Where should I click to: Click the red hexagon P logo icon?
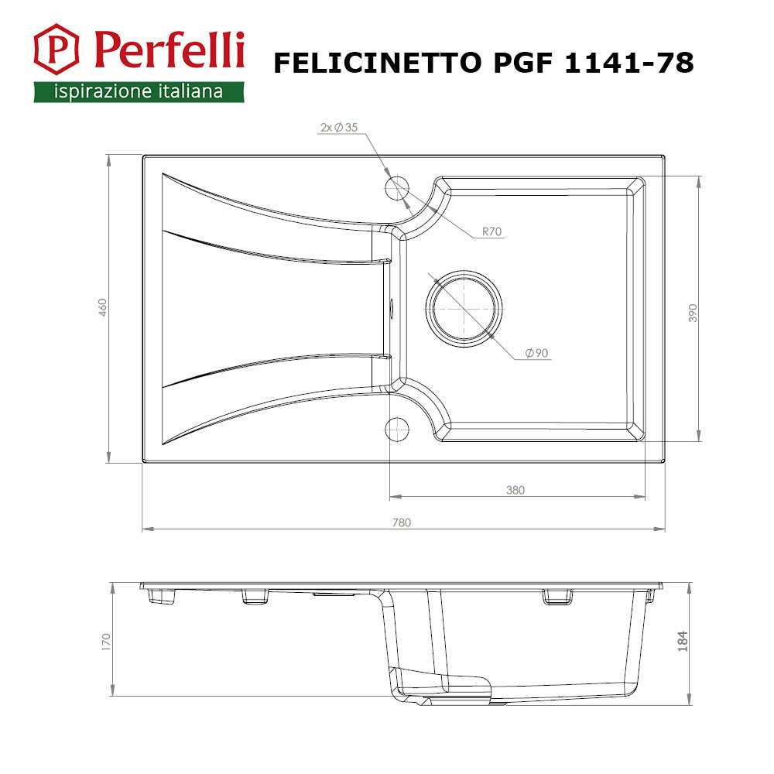click(x=56, y=49)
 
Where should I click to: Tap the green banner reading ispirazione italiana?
click(x=139, y=92)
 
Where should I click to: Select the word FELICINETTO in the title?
click(x=377, y=63)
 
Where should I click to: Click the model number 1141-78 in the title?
click(x=628, y=63)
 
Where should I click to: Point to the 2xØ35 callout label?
click(x=339, y=128)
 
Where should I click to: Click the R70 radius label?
click(x=491, y=231)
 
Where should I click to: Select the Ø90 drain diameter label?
click(x=536, y=353)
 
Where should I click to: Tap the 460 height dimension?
click(x=102, y=307)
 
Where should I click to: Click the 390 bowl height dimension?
click(x=693, y=313)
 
